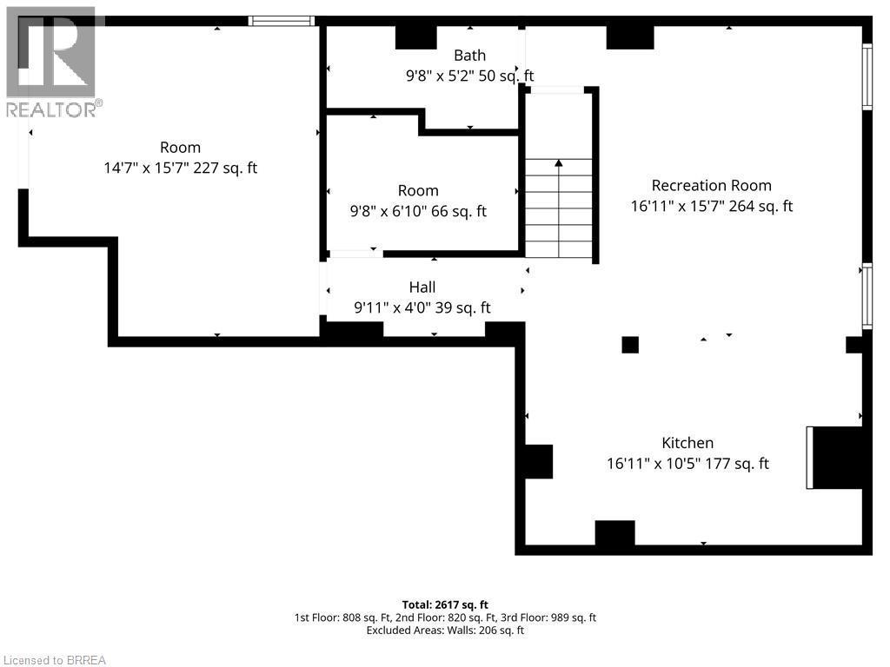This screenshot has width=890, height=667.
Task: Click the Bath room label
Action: (x=469, y=56)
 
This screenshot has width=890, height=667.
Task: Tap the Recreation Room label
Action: (x=711, y=185)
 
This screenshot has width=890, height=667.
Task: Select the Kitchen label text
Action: (x=687, y=443)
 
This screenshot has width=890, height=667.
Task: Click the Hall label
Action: (x=422, y=287)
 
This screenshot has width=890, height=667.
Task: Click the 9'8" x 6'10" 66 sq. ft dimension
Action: (x=418, y=211)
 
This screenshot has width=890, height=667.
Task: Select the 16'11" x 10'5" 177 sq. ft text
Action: (x=687, y=464)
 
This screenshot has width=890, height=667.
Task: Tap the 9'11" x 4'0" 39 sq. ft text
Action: (x=422, y=307)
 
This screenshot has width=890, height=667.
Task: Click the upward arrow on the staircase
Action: (x=559, y=163)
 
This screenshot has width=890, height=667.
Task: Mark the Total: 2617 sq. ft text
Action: (x=444, y=604)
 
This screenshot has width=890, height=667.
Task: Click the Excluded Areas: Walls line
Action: (x=444, y=631)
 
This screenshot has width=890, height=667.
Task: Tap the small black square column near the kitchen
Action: (x=630, y=345)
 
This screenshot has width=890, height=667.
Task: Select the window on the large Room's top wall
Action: (x=281, y=20)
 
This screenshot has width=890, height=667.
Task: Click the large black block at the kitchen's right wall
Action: (x=838, y=458)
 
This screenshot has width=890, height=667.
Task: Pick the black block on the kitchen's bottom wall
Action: (x=614, y=533)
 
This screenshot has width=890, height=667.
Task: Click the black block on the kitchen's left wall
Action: (x=537, y=461)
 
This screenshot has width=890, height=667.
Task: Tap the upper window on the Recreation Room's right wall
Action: (x=867, y=77)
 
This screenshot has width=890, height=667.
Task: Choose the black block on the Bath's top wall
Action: (x=415, y=36)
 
